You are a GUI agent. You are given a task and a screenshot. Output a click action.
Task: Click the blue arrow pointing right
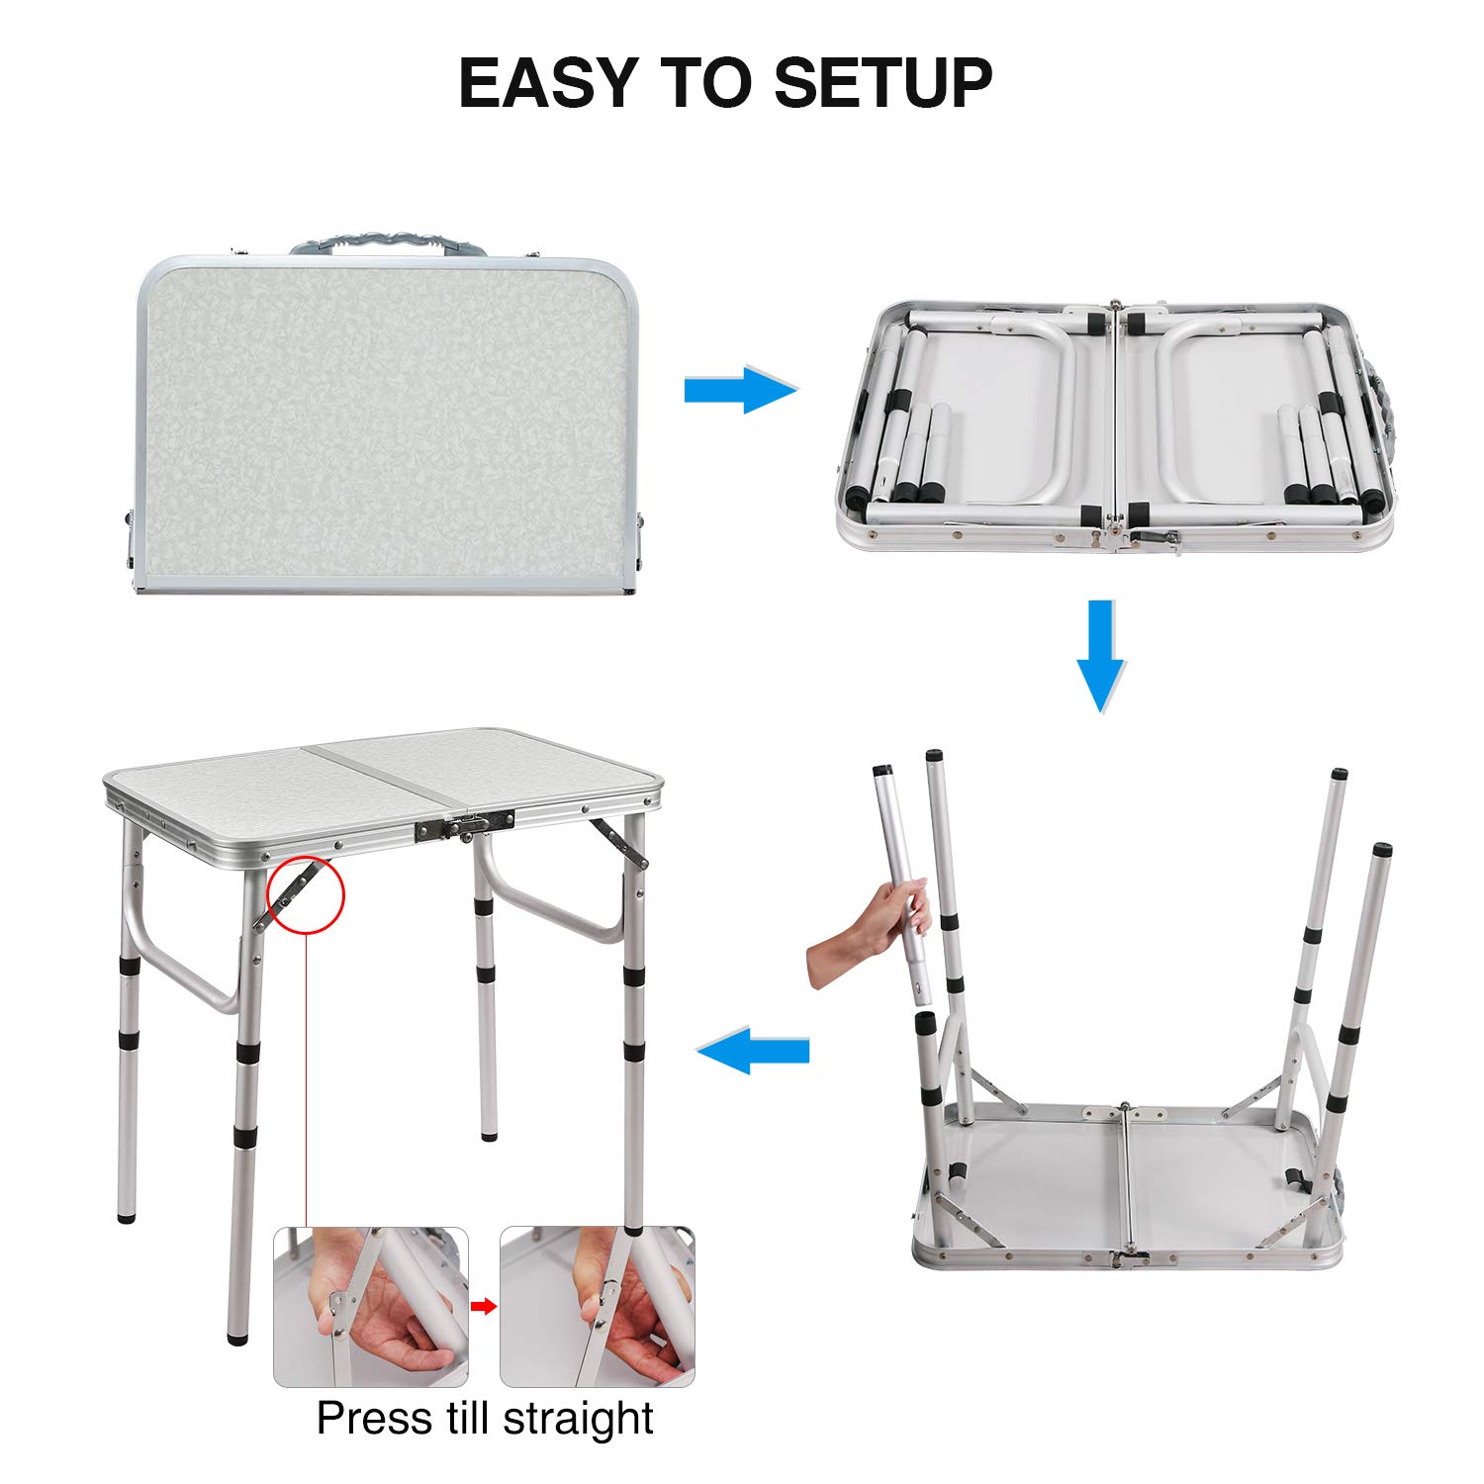740,390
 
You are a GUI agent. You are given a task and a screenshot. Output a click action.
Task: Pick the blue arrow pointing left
754,1050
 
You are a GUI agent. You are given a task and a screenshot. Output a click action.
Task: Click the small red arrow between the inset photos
484,1307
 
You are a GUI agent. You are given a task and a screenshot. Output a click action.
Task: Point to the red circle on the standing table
306,895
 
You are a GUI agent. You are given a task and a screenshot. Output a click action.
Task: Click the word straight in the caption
578,1419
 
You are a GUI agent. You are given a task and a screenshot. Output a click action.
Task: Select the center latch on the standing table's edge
465,825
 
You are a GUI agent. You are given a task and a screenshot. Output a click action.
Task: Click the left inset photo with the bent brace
371,1307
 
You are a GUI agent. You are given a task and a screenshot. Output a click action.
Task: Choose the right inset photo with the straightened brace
597,1307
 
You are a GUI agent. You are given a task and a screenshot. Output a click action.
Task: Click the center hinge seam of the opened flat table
1116,425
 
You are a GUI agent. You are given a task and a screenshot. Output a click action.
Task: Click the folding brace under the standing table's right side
620,843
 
